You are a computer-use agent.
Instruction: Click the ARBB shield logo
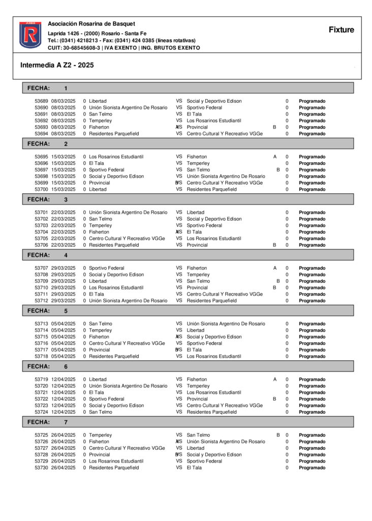point(30,35)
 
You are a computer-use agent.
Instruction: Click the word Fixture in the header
point(341,30)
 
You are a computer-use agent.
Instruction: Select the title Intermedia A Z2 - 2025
point(57,65)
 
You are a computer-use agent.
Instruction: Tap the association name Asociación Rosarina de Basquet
point(91,24)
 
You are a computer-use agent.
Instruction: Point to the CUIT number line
point(124,48)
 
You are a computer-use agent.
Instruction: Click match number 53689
point(41,101)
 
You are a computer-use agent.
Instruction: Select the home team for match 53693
point(99,127)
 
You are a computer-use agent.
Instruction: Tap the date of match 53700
point(64,189)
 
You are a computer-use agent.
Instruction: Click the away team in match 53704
point(194,232)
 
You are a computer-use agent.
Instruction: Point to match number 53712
point(41,301)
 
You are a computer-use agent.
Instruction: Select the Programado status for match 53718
point(312,357)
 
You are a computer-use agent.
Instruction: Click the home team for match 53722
point(107,399)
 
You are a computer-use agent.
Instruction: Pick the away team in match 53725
point(198,436)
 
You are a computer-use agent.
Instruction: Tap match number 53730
point(41,468)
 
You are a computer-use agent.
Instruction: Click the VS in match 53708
point(179,275)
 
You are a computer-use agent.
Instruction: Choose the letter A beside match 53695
point(275,157)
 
